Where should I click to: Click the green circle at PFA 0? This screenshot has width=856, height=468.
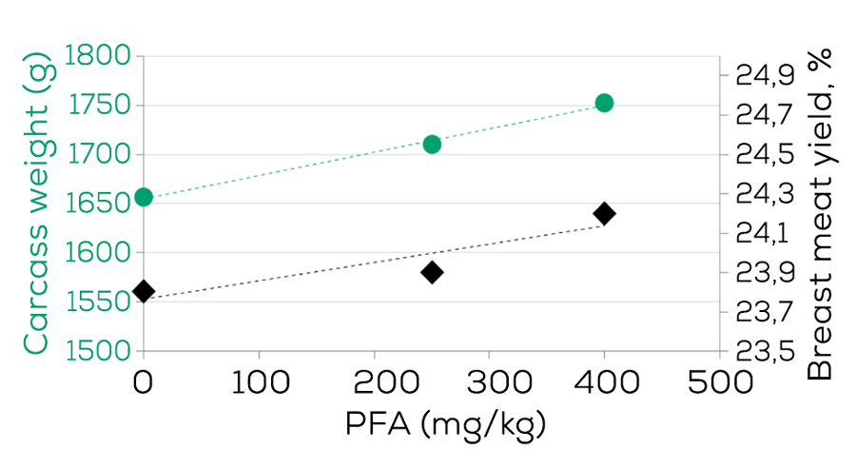[x=144, y=197]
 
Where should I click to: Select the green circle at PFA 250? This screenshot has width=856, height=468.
[x=432, y=145]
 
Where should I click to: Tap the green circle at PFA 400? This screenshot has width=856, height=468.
[x=604, y=103]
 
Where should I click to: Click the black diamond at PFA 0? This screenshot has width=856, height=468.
[x=144, y=291]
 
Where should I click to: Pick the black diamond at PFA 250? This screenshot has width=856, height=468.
[x=432, y=272]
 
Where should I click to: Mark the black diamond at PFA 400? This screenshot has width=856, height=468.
[x=604, y=213]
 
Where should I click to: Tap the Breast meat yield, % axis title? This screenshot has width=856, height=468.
[x=820, y=213]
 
